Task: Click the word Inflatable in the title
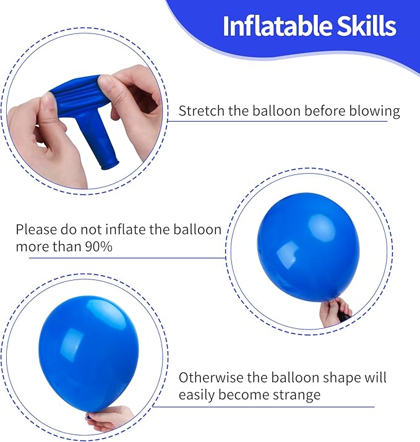(267, 26)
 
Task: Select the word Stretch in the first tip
(199, 112)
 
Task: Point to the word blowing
(374, 112)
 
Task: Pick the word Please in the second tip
(36, 230)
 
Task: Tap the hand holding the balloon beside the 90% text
(335, 311)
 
